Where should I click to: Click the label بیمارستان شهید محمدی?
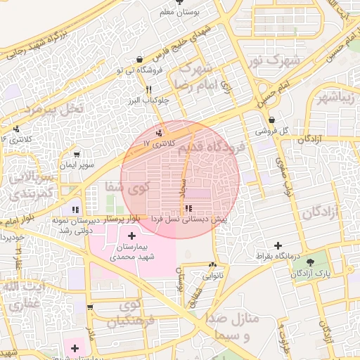pos(132,252)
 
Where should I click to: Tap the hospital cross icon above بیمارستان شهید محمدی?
pos(132,234)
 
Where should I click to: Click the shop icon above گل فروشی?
pos(271,120)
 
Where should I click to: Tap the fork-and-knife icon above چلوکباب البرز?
pos(148,90)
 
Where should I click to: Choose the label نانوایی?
pos(213,276)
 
